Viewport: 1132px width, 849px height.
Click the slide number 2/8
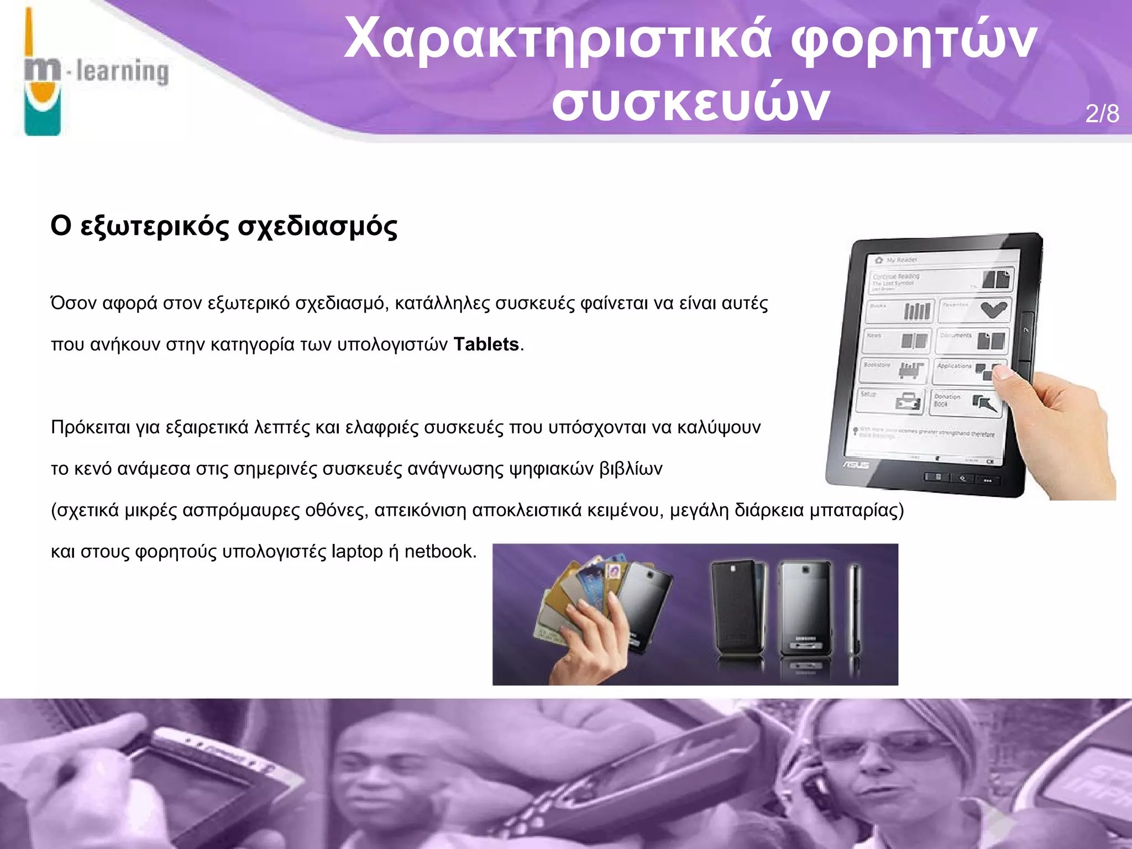click(1102, 114)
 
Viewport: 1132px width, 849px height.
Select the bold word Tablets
click(486, 344)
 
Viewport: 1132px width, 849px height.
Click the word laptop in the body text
click(357, 552)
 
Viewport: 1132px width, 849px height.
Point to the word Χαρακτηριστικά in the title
click(556, 39)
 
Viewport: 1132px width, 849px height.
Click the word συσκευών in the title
click(690, 103)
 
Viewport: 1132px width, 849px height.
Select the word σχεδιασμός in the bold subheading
click(317, 226)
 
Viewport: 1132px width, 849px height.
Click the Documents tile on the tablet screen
click(971, 340)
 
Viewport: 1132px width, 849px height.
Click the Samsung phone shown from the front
click(804, 608)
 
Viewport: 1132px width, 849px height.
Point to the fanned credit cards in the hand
click(575, 591)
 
